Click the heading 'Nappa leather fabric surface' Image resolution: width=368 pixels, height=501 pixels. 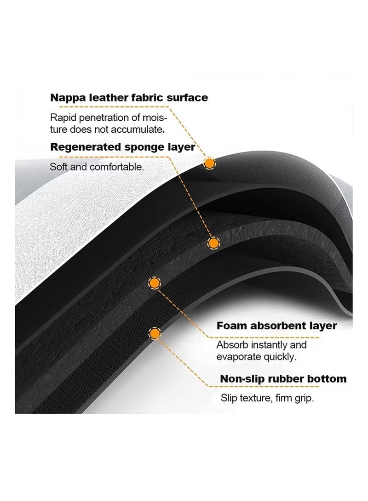129,98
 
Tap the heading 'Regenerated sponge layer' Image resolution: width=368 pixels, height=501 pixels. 123,147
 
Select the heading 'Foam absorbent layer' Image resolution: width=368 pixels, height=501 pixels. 276,326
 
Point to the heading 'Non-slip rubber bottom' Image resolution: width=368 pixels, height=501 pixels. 283,379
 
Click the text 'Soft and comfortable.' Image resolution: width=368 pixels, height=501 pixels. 97,167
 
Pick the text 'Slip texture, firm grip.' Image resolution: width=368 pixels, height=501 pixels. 267,398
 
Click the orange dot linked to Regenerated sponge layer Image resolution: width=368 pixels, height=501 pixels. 213,242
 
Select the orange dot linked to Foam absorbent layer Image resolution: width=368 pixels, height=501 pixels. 155,282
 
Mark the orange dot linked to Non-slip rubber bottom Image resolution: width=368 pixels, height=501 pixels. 155,333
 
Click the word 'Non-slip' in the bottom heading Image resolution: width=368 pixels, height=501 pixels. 240,379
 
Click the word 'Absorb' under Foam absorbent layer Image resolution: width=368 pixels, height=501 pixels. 232,345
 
